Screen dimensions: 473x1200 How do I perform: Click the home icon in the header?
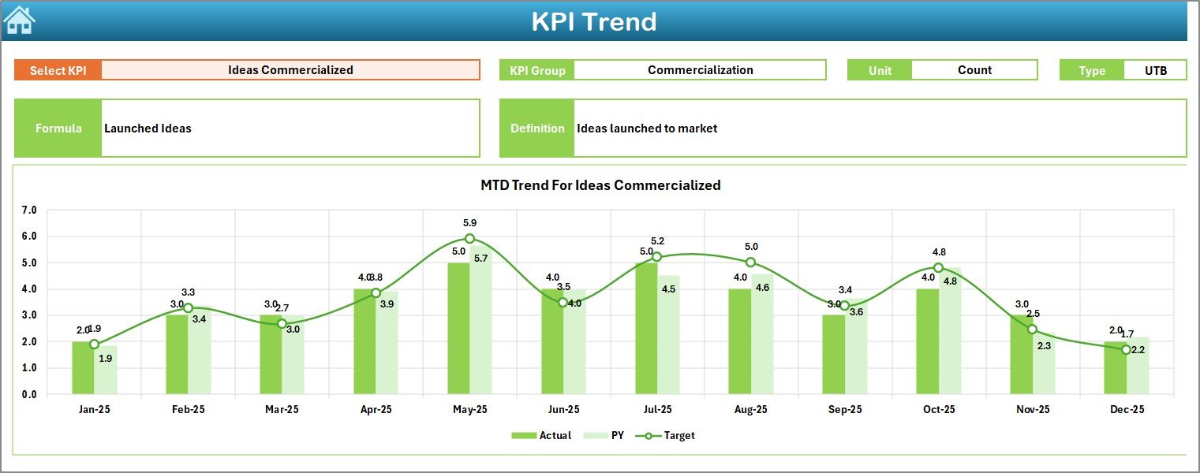19,20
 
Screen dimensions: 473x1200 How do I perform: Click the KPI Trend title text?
593,21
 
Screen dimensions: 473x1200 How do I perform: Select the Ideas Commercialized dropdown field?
290,70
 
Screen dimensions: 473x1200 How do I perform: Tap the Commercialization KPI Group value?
700,70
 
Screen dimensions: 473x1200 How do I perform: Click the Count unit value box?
974,70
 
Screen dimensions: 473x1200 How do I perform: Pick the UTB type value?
1155,70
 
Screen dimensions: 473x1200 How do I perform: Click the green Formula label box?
58,128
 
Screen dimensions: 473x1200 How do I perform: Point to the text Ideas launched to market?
646,128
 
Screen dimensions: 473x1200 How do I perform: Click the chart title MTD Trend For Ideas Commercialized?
600,185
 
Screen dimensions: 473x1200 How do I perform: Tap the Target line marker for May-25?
469,238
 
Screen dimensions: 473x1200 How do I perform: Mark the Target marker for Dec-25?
1126,349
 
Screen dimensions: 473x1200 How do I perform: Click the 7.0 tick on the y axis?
29,210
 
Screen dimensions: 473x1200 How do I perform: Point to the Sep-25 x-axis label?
844,410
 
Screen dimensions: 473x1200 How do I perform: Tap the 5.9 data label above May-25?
469,223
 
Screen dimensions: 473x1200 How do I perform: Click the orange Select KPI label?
58,70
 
